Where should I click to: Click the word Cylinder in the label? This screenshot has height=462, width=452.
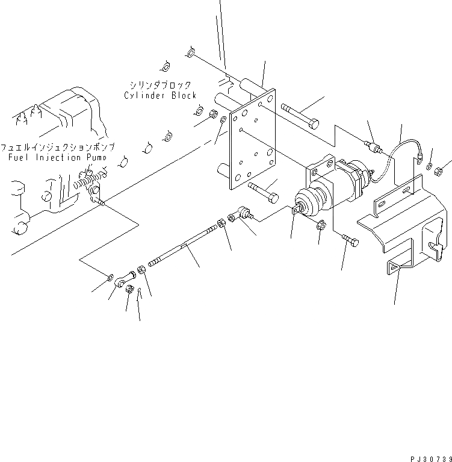144,96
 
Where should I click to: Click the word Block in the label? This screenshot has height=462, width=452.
183,96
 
